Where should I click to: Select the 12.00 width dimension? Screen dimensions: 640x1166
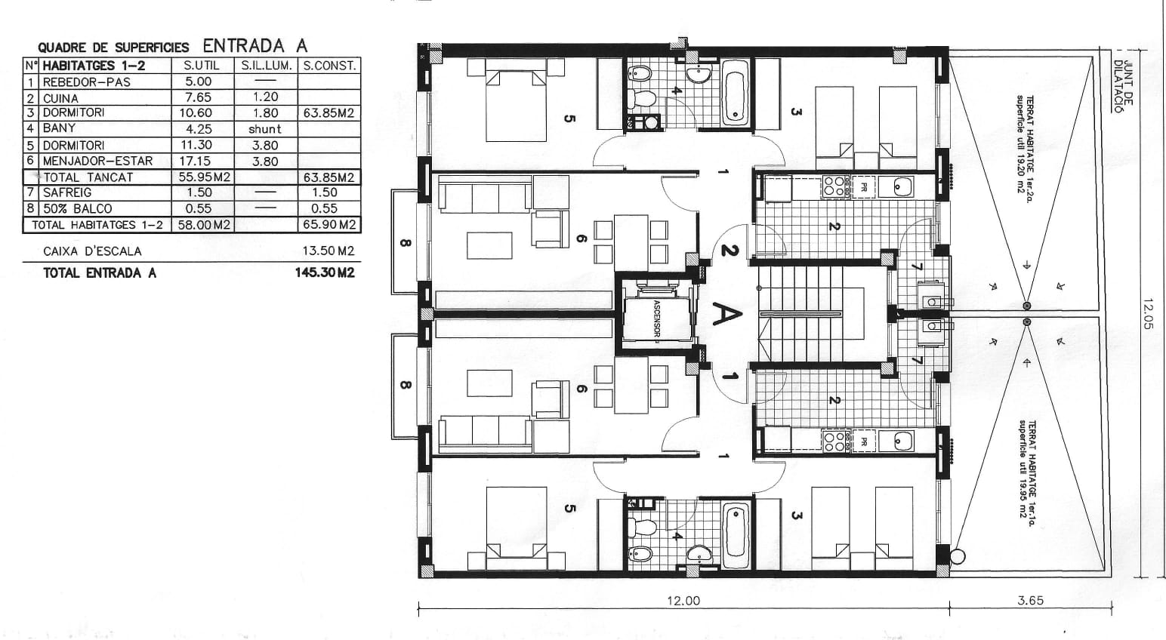(683, 601)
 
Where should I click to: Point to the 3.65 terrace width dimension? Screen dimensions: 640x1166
(1030, 601)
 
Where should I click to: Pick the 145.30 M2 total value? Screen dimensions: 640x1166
(325, 273)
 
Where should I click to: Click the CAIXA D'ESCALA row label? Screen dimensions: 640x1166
(92, 251)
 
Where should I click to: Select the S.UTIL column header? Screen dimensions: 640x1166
(202, 66)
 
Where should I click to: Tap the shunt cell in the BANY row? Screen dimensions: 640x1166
(264, 129)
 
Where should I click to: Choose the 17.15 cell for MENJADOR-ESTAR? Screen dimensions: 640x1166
(199, 161)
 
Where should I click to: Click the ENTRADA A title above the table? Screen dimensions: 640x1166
(254, 45)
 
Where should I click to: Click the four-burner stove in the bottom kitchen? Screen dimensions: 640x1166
(834, 441)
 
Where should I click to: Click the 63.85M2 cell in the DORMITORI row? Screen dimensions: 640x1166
(329, 113)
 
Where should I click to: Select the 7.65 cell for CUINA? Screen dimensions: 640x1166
(199, 97)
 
